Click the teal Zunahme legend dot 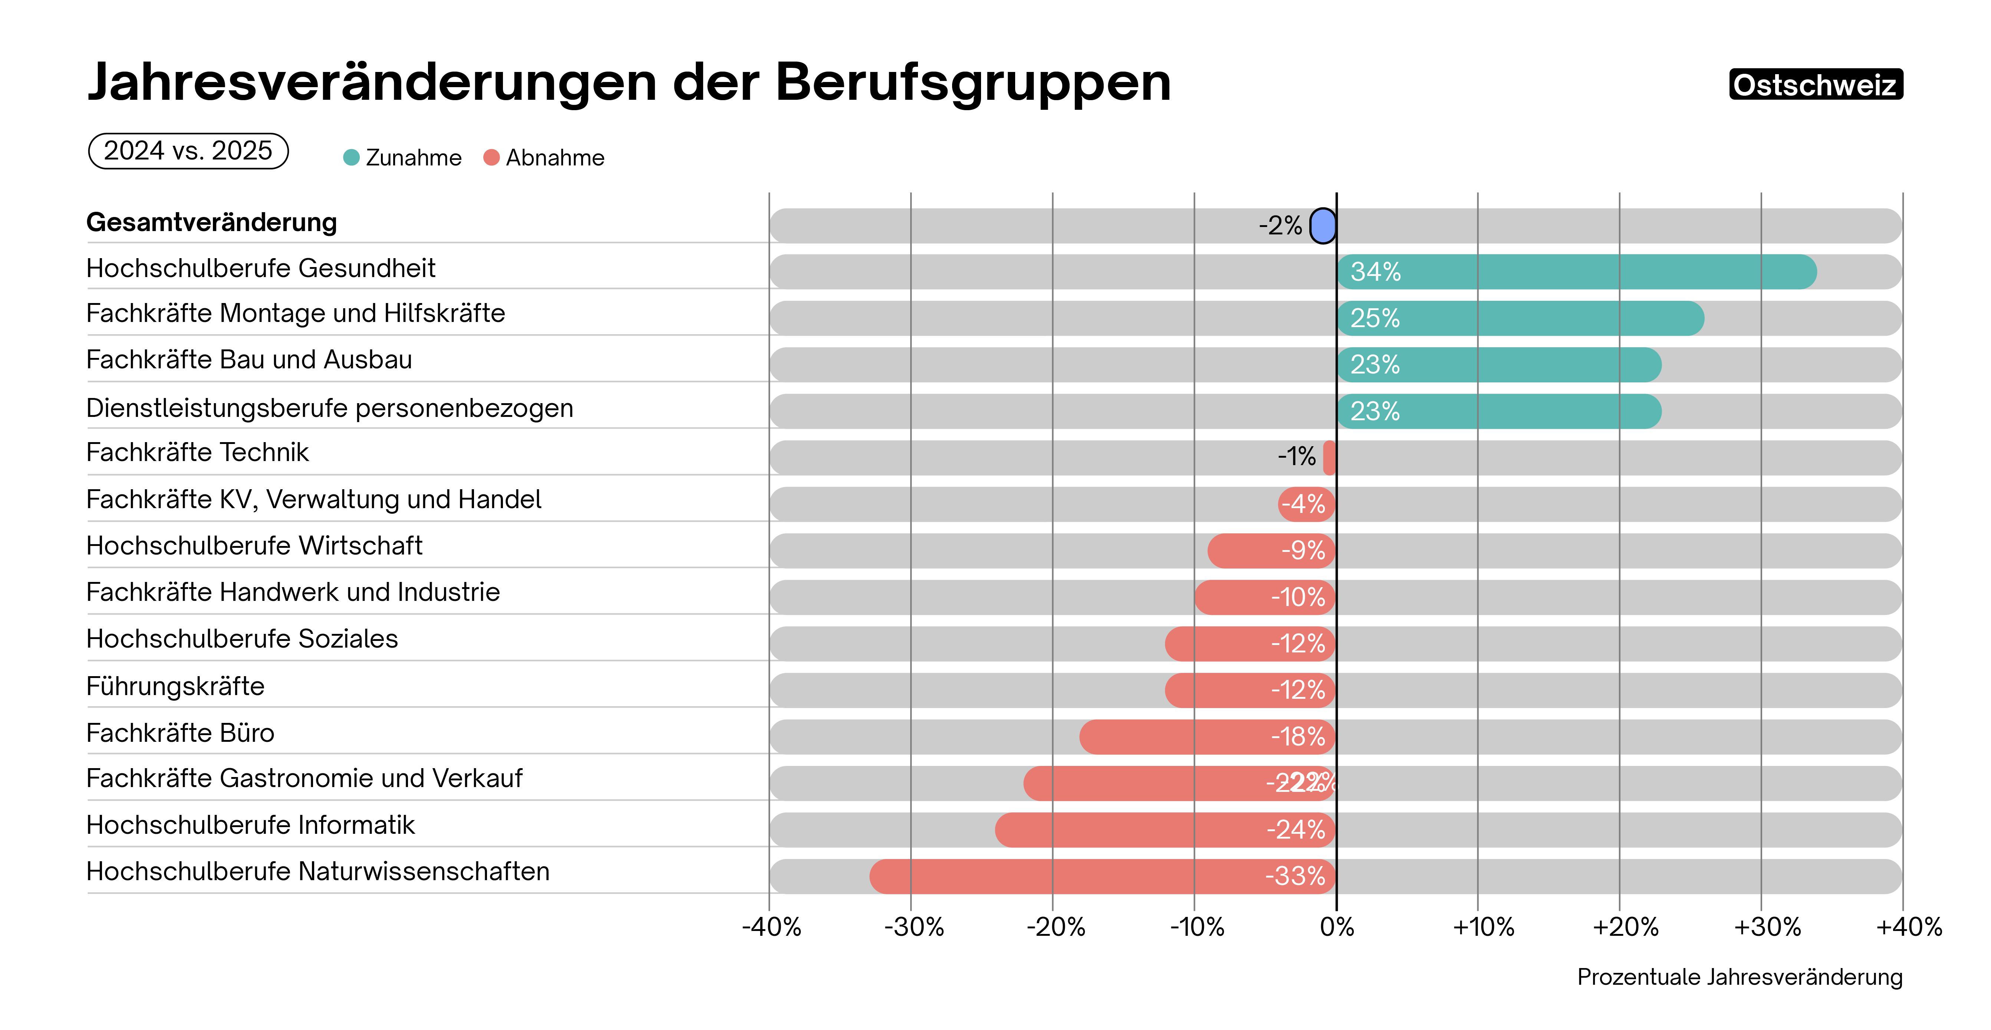(352, 158)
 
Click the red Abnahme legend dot (491, 158)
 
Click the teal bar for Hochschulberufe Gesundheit (1577, 272)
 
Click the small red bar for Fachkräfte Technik (1329, 457)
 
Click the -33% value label (1296, 876)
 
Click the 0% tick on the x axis (1336, 927)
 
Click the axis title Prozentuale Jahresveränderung (1739, 977)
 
